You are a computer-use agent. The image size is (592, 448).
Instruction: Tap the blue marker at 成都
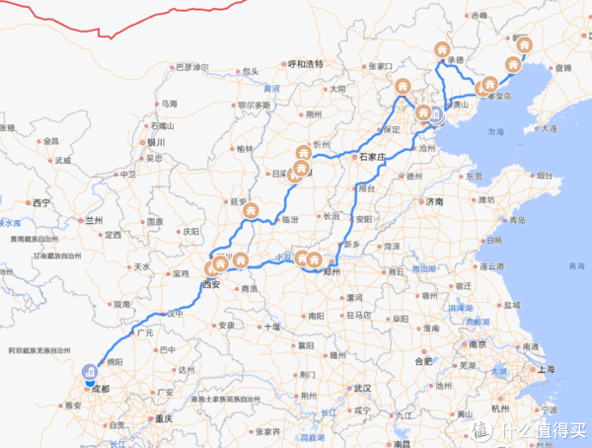(x=87, y=373)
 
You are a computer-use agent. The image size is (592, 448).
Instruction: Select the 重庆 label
(x=161, y=418)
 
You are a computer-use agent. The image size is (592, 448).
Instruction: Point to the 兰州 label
(x=95, y=220)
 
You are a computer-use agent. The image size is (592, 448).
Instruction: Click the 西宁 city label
(x=40, y=202)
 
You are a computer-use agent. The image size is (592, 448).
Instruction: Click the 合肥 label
(x=424, y=361)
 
